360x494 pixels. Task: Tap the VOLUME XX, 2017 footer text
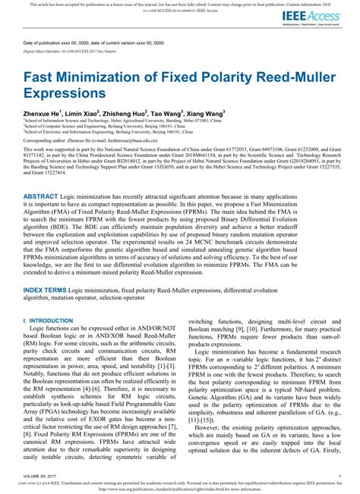coord(43,472)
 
